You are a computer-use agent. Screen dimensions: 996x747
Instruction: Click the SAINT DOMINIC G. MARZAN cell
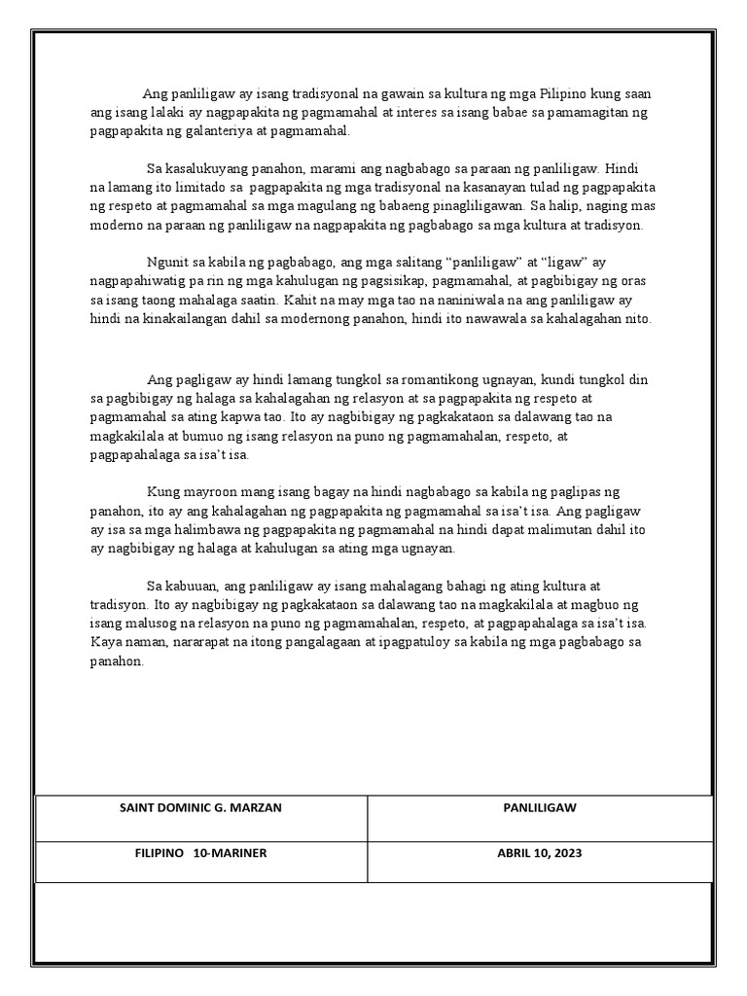click(201, 807)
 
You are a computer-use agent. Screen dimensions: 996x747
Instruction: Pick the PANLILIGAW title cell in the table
click(540, 807)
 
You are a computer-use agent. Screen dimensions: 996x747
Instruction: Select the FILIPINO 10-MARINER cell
click(201, 853)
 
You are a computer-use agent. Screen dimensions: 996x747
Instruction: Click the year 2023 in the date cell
click(564, 853)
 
